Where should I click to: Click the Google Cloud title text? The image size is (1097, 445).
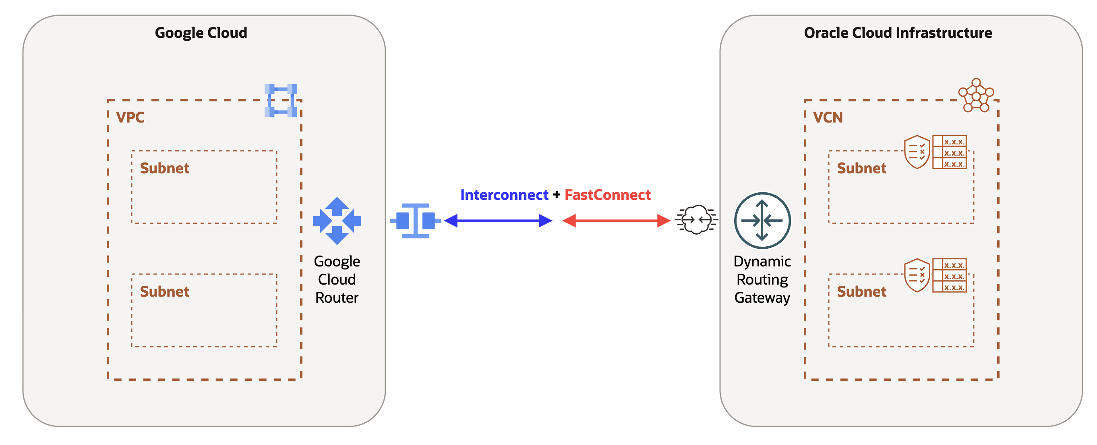tap(201, 33)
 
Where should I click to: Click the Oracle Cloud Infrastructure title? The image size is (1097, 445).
tap(898, 33)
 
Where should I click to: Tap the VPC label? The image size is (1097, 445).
tap(130, 117)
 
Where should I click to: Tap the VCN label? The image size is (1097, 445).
tap(828, 117)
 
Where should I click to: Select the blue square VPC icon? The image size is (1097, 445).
tap(281, 101)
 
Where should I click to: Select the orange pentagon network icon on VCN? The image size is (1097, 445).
tap(976, 96)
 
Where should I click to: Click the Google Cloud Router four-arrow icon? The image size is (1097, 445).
tap(337, 221)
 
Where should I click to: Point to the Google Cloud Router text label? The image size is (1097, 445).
tap(337, 279)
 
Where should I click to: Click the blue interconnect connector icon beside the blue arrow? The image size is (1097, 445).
tap(415, 221)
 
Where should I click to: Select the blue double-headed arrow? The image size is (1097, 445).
tap(498, 221)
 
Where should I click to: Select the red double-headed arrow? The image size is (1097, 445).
tap(616, 221)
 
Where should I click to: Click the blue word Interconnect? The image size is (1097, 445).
tap(504, 195)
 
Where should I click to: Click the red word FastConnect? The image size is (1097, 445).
tap(607, 195)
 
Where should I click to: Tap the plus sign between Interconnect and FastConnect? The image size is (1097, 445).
tap(556, 195)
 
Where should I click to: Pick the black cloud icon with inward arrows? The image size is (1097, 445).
tap(696, 220)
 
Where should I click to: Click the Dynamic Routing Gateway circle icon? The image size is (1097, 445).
tap(762, 220)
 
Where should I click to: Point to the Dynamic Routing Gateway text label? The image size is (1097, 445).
tap(762, 279)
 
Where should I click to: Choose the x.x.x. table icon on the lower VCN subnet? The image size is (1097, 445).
tap(949, 275)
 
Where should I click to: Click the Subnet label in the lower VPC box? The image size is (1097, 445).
tap(164, 291)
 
